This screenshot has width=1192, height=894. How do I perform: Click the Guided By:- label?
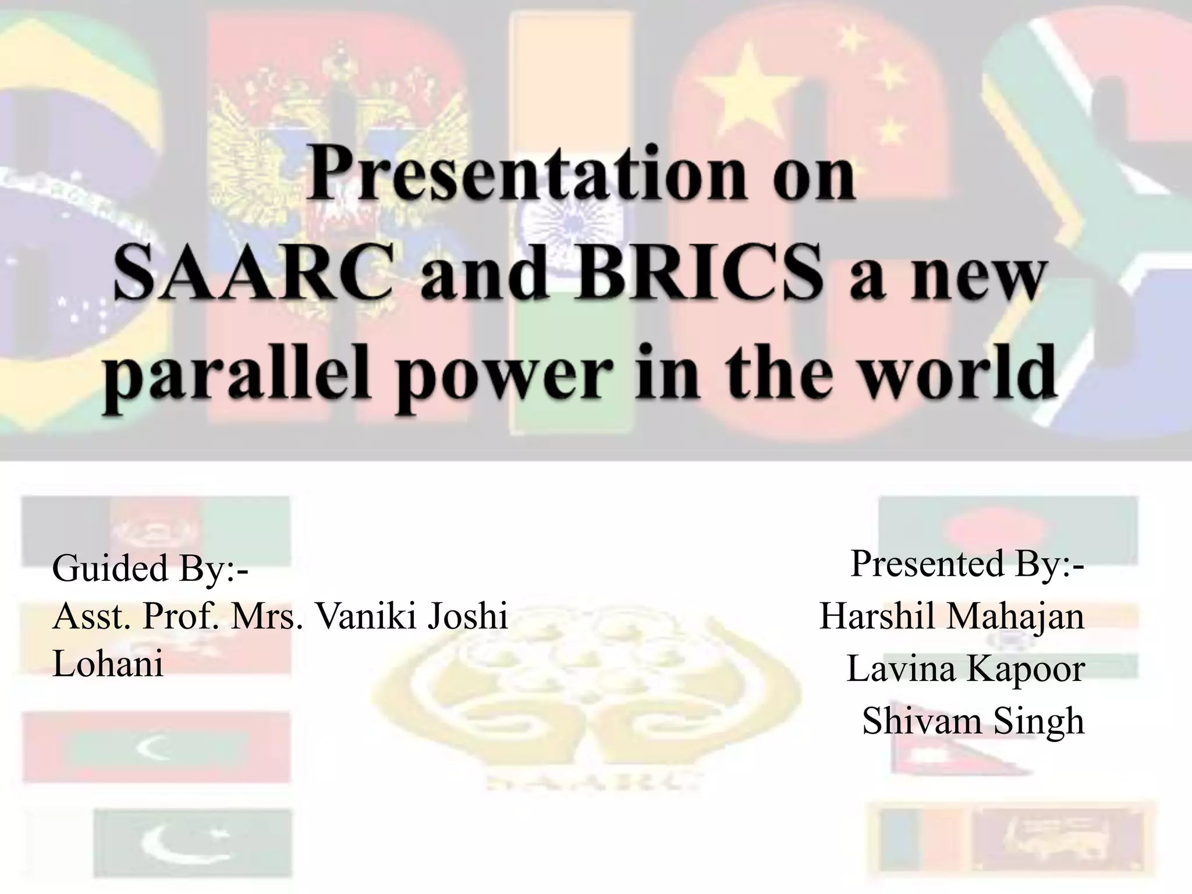point(150,568)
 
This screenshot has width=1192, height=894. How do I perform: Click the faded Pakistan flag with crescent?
point(192,845)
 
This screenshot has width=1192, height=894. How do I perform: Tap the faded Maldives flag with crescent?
point(156,748)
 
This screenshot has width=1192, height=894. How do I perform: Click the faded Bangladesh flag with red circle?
point(1007,530)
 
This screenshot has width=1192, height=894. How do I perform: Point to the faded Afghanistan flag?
point(156,530)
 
